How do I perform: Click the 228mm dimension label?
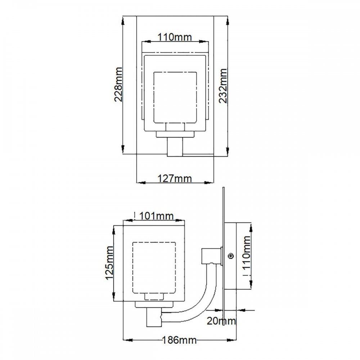click(118, 84)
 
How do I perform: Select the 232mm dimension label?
click(223, 86)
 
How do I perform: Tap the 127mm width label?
click(175, 179)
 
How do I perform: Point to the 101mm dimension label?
click(156, 216)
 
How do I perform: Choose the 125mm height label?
click(109, 263)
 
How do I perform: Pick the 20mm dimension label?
click(221, 321)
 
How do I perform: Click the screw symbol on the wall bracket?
click(231, 256)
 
